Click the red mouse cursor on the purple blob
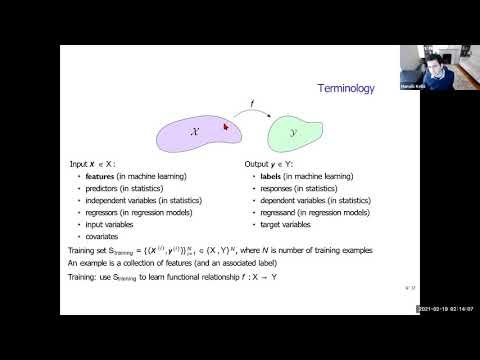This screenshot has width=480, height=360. [226, 125]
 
